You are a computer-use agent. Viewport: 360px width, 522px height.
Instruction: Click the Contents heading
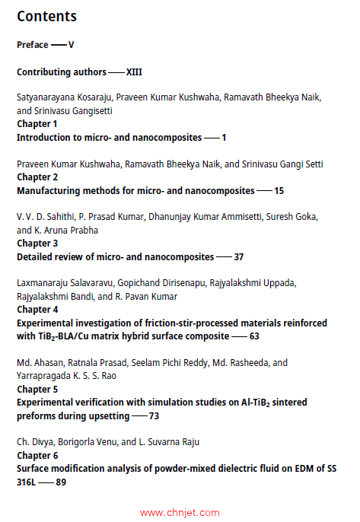click(46, 16)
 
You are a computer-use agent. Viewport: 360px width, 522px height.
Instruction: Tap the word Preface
click(33, 45)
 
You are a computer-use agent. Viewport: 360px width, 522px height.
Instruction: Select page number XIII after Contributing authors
click(134, 72)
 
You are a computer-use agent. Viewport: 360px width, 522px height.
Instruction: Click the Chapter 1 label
click(37, 123)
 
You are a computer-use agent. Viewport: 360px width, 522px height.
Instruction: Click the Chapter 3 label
click(37, 243)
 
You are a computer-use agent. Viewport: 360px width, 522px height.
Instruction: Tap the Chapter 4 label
click(37, 310)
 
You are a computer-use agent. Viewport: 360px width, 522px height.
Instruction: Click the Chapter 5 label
click(37, 388)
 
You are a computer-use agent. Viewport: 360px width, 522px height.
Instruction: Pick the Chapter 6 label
click(37, 455)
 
